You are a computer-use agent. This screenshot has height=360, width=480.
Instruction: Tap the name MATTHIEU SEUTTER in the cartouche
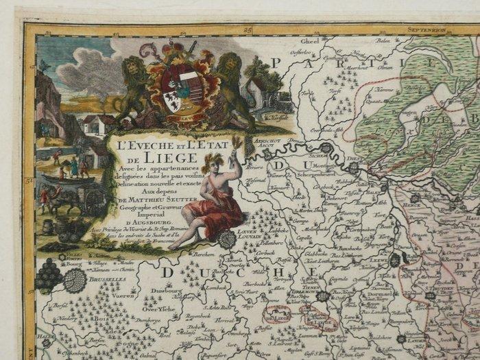pyautogui.click(x=163, y=200)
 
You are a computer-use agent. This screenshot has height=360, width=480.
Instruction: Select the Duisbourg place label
pyautogui.click(x=156, y=291)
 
